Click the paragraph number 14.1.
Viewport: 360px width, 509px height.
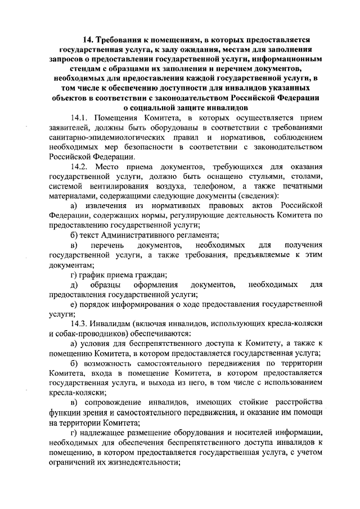(80, 118)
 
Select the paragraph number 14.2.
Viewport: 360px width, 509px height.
(80, 168)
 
